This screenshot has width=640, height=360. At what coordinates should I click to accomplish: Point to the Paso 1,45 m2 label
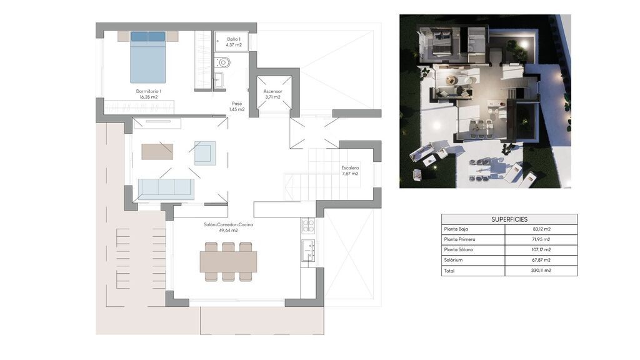tap(237, 106)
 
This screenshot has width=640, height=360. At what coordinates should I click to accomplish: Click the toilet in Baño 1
tap(222, 62)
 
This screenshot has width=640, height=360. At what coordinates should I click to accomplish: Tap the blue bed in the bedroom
tap(147, 57)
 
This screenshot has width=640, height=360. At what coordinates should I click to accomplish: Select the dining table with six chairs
tap(228, 262)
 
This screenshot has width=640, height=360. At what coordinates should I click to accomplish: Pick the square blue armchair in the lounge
tap(205, 153)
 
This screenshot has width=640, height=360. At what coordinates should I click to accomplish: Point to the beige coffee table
tap(157, 151)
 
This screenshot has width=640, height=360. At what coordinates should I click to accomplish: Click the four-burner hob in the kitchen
tap(307, 226)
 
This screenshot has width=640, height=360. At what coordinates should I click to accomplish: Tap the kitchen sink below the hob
tap(307, 250)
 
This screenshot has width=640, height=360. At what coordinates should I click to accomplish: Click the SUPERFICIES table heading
tap(509, 219)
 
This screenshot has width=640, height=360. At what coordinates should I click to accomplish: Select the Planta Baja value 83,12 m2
tap(541, 229)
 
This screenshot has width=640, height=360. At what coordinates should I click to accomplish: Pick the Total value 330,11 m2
tap(541, 270)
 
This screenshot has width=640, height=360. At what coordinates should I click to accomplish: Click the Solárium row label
tap(453, 260)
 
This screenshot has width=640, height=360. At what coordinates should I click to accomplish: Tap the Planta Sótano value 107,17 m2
tap(541, 249)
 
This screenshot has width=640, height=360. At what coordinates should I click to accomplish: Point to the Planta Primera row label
tap(459, 239)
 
